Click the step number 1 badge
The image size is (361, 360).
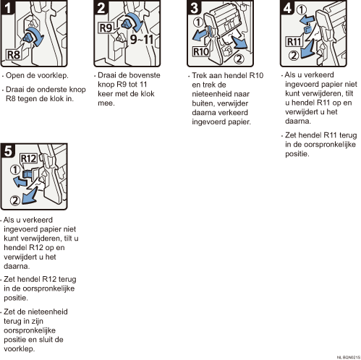7,7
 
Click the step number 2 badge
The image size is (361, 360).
101,7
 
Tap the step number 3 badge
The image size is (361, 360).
194,7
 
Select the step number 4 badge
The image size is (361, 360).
287,7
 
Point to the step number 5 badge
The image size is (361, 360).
8,150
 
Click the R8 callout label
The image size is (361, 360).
14,55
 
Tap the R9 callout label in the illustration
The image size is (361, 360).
106,27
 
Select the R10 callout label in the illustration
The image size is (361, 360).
201,51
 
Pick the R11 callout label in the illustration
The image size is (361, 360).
294,42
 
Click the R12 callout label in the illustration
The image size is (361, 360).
29,158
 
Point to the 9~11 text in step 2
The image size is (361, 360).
142,39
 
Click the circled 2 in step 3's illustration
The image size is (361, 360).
239,59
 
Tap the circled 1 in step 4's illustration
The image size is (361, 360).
302,9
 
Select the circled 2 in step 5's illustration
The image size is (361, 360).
15,200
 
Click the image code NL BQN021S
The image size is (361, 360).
349,357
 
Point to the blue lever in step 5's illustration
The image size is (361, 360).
27,174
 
